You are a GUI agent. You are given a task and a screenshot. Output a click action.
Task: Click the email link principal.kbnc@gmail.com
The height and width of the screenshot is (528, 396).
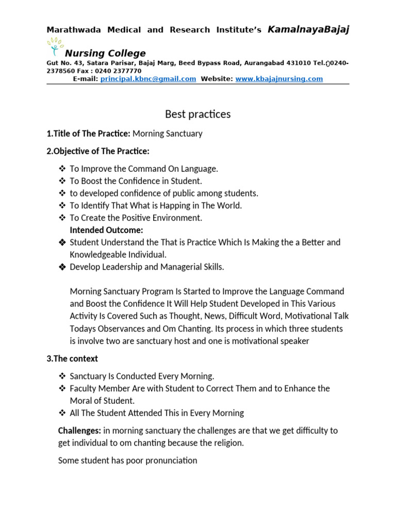[148, 79]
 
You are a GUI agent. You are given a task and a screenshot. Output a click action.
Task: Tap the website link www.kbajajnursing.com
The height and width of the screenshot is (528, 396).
[279, 79]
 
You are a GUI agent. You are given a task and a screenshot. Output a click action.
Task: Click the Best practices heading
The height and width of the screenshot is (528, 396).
[197, 114]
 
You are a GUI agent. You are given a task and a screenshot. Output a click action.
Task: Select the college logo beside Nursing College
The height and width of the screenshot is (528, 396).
[55, 48]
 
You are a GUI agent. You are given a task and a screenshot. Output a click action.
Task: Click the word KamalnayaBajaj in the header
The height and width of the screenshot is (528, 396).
[308, 30]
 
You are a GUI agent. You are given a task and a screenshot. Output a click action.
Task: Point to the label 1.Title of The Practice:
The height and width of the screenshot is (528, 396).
[88, 134]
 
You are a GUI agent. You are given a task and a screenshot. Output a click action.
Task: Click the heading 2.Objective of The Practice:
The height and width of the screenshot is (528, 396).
[97, 152]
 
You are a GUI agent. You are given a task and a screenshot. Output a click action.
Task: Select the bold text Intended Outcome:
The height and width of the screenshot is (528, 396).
[106, 230]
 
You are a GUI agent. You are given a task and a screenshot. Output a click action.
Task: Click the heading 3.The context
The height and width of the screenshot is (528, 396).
[72, 358]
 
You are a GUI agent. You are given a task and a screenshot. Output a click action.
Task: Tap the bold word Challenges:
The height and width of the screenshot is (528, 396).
[79, 430]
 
